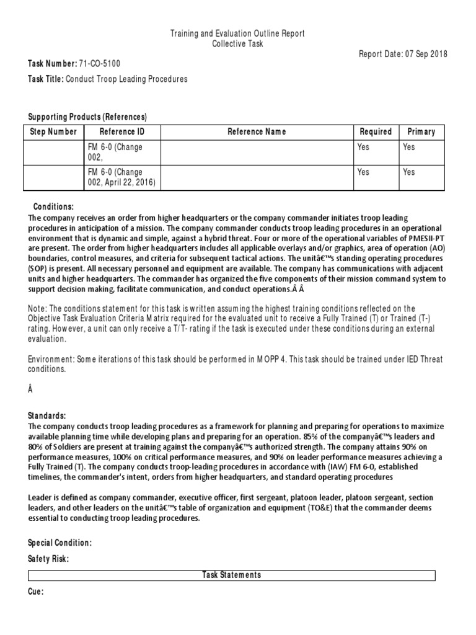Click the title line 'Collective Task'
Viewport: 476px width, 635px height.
(x=237, y=43)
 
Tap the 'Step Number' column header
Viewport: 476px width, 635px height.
(x=54, y=131)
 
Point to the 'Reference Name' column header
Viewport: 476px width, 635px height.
(x=257, y=131)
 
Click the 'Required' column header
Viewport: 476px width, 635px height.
(x=376, y=131)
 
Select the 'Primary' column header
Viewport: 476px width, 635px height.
(x=421, y=131)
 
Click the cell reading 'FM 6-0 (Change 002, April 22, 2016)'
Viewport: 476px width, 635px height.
(x=121, y=177)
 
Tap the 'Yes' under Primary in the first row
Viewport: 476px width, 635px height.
(x=409, y=148)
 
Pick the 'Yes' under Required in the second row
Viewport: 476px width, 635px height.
(x=364, y=172)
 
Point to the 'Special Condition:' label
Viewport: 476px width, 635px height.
(x=59, y=543)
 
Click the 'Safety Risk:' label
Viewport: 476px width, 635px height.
(x=48, y=559)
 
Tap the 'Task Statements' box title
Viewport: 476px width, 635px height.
(x=231, y=575)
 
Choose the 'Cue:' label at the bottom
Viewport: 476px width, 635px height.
(x=36, y=592)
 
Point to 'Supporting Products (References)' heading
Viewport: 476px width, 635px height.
(x=87, y=117)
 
